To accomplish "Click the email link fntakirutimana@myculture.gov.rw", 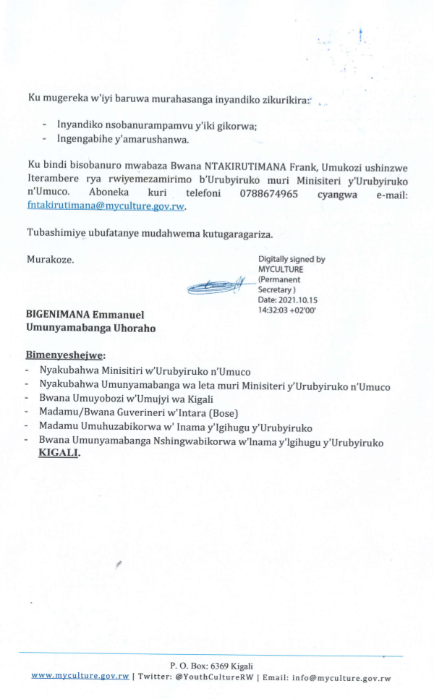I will tap(106, 206).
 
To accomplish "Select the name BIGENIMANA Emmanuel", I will tap(85, 315).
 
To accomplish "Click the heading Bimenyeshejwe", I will tap(65, 355).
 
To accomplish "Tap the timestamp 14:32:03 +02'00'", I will tap(287, 309).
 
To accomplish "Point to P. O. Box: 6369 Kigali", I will tap(211, 666).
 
